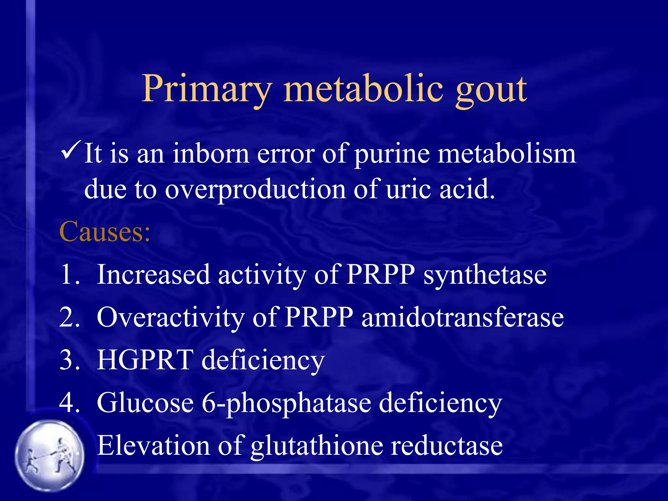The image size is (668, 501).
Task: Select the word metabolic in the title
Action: pos(363,88)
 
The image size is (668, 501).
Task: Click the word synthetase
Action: pos(485,275)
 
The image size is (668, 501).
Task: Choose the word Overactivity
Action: pos(171,318)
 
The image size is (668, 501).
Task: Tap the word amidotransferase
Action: pos(463,317)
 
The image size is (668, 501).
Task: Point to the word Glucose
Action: pos(145,403)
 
